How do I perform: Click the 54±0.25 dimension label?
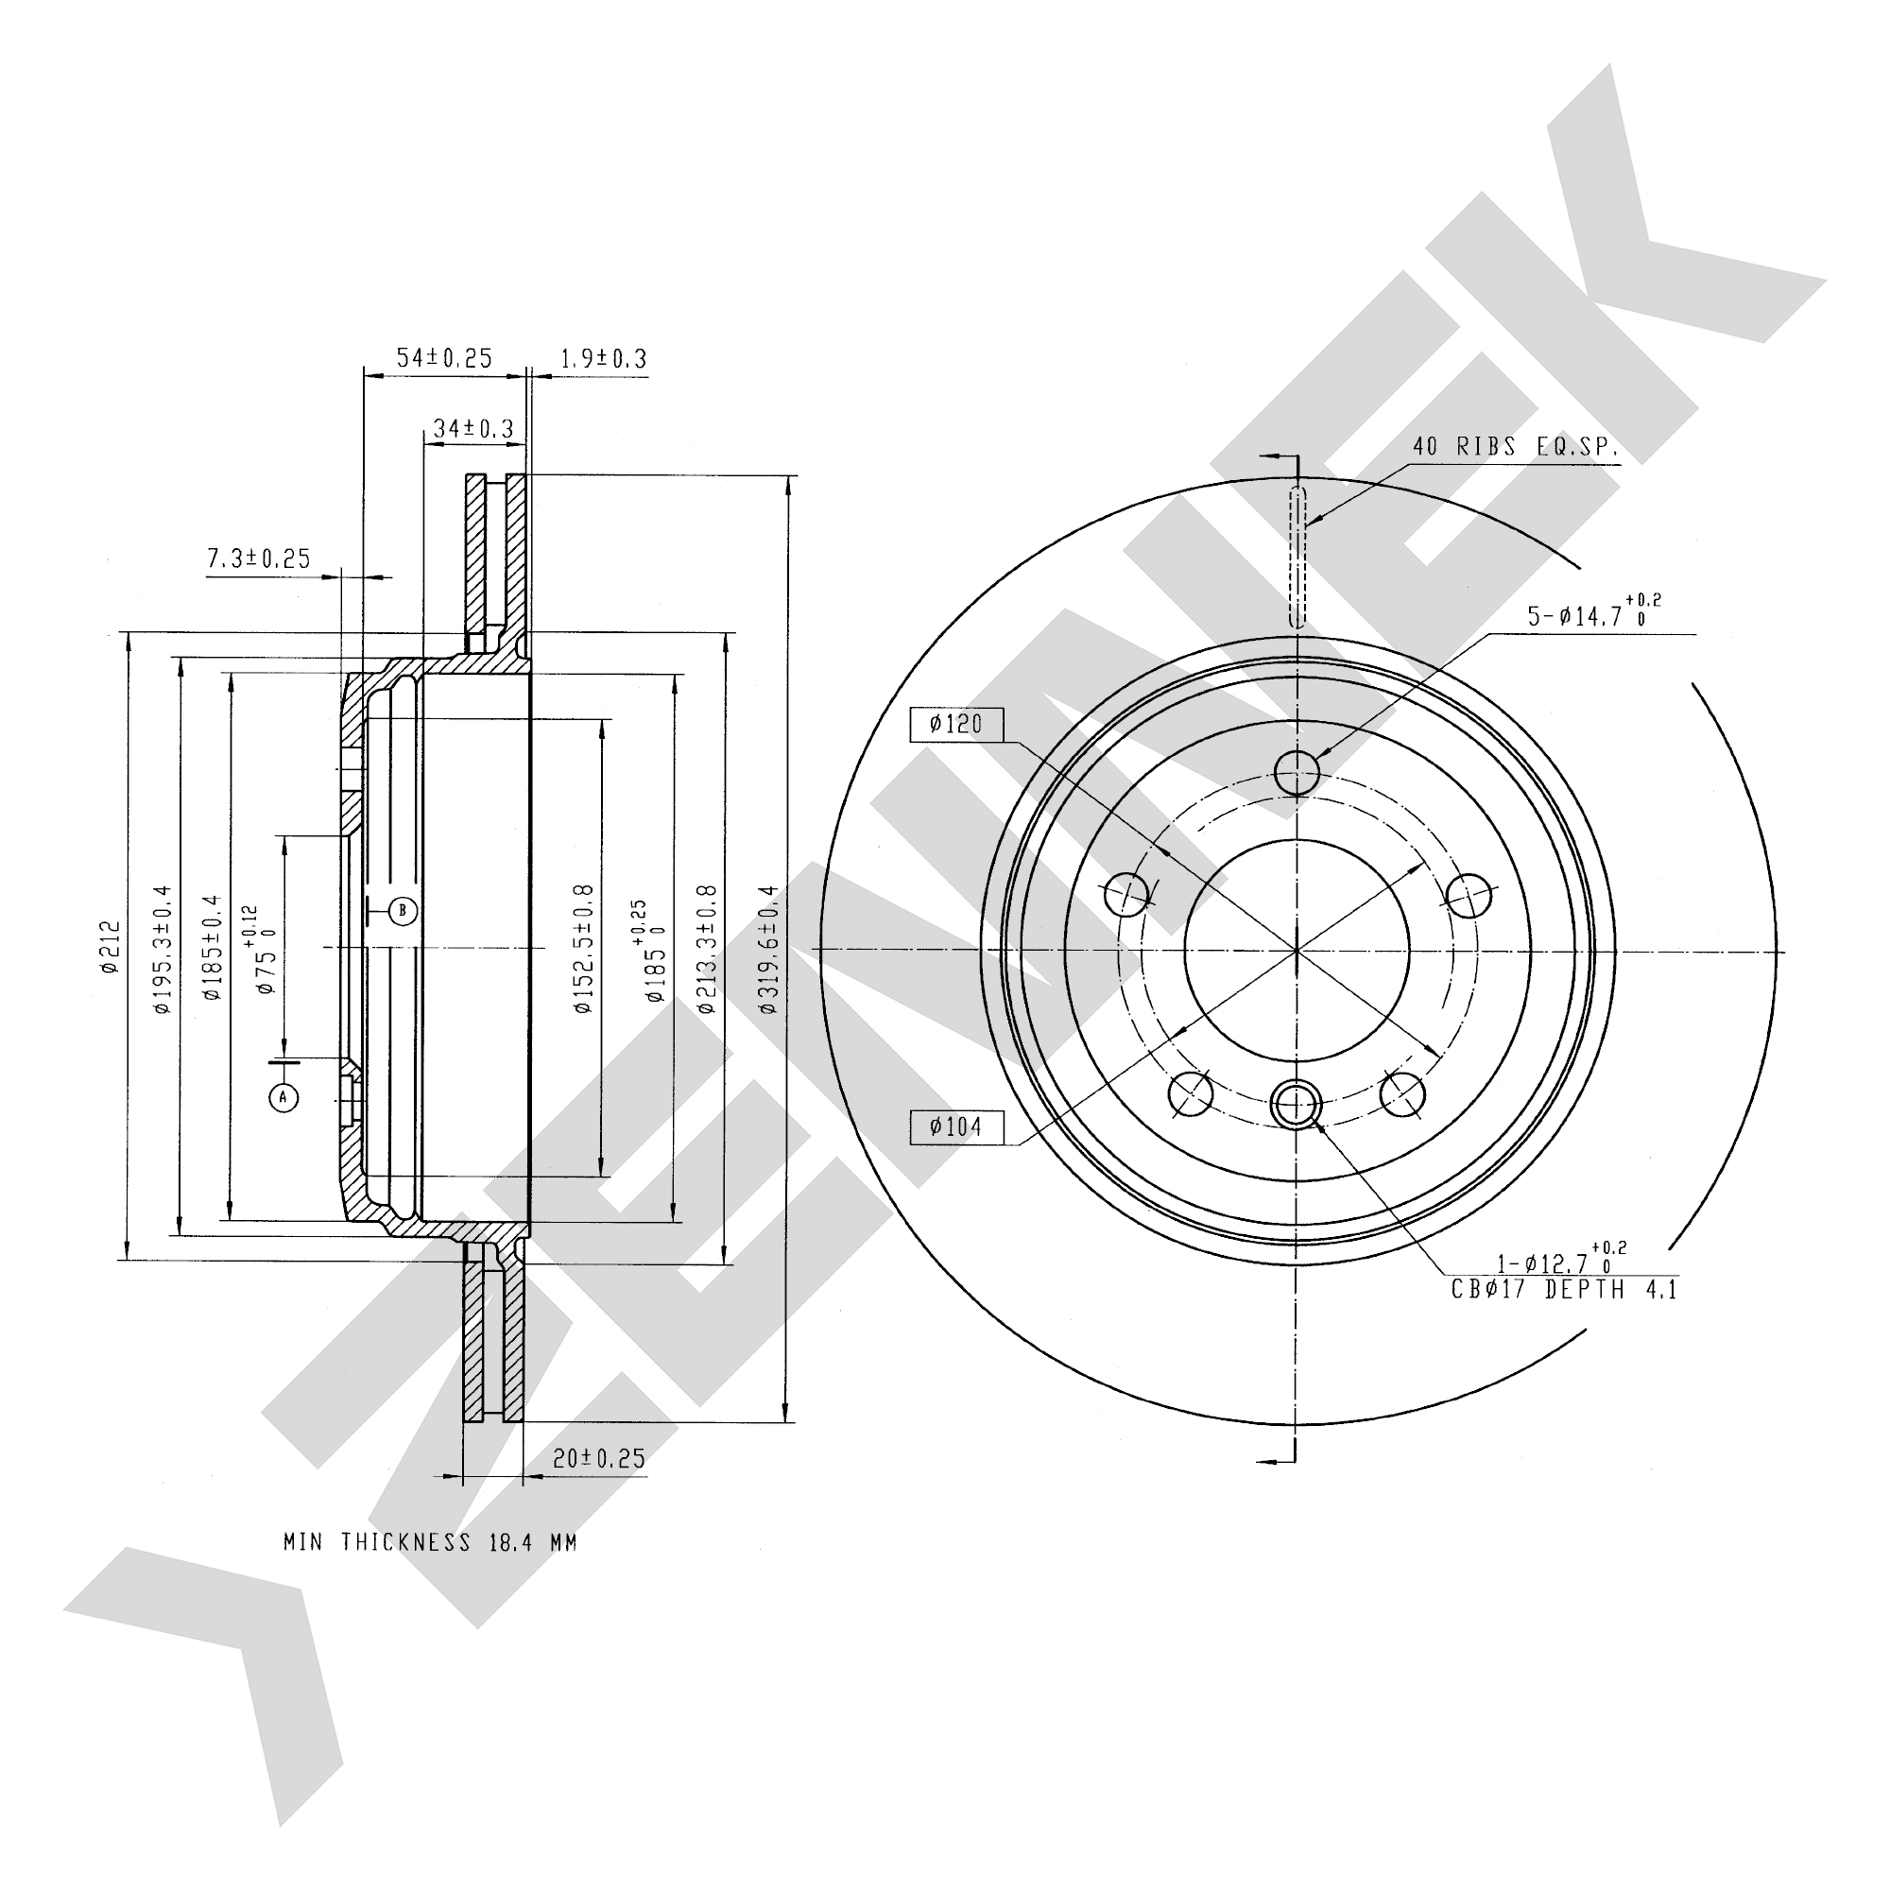pyautogui.click(x=444, y=358)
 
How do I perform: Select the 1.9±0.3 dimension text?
pyautogui.click(x=604, y=359)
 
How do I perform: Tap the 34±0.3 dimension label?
pyautogui.click(x=473, y=428)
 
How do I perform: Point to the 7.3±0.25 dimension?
pyautogui.click(x=259, y=558)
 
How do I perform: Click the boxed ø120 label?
pyautogui.click(x=955, y=724)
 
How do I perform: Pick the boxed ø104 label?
pyautogui.click(x=955, y=1127)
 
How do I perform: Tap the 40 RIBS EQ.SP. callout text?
pyautogui.click(x=1516, y=447)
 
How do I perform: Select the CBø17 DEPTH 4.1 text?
pyautogui.click(x=1564, y=1290)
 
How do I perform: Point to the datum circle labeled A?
pyautogui.click(x=283, y=1097)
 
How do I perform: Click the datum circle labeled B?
pyautogui.click(x=404, y=911)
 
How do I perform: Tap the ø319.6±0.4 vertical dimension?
pyautogui.click(x=768, y=949)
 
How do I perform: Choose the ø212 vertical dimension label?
pyautogui.click(x=109, y=947)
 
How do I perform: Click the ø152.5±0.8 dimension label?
pyautogui.click(x=584, y=949)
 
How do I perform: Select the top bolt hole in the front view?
pyautogui.click(x=1297, y=772)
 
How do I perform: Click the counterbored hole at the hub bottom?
pyautogui.click(x=1296, y=1105)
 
